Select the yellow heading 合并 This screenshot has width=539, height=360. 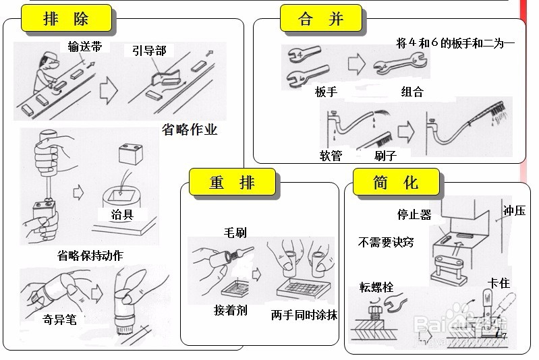[x=321, y=19]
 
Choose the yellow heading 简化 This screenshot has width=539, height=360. [x=395, y=182]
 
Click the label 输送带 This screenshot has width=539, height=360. [x=84, y=46]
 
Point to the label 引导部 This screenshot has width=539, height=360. [x=149, y=51]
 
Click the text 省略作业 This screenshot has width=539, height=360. [x=190, y=130]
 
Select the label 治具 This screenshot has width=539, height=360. [x=122, y=215]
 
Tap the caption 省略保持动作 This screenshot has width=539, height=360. [x=90, y=256]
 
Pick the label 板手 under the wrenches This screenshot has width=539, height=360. [x=326, y=92]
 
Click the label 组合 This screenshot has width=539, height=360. [x=412, y=92]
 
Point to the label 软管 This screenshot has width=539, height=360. [x=331, y=156]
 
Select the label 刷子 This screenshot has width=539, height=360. [x=385, y=156]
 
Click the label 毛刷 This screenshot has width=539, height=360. [x=235, y=233]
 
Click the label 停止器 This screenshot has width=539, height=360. [x=414, y=215]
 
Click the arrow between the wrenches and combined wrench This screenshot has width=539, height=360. [x=356, y=65]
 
